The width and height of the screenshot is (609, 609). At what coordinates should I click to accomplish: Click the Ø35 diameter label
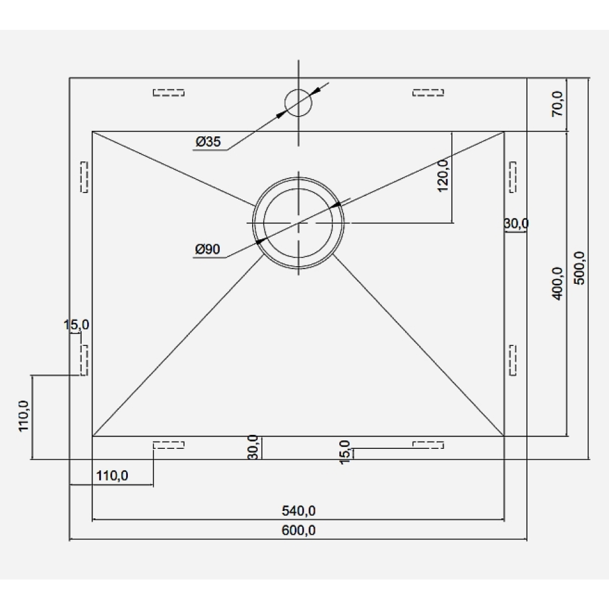tap(208, 142)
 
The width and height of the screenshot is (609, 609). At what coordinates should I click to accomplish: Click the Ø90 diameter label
tap(208, 249)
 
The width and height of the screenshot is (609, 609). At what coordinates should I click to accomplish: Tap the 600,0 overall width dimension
tap(298, 530)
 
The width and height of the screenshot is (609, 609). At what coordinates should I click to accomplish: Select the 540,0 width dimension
tap(298, 511)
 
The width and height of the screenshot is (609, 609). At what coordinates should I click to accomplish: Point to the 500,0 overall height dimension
tap(579, 268)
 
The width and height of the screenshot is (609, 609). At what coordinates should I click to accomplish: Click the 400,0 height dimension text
tap(558, 284)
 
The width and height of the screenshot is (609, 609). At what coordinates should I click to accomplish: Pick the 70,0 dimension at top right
tap(558, 104)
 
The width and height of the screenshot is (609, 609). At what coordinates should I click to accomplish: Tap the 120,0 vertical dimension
tap(443, 175)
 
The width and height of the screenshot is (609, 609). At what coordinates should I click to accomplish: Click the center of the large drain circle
tap(298, 222)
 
